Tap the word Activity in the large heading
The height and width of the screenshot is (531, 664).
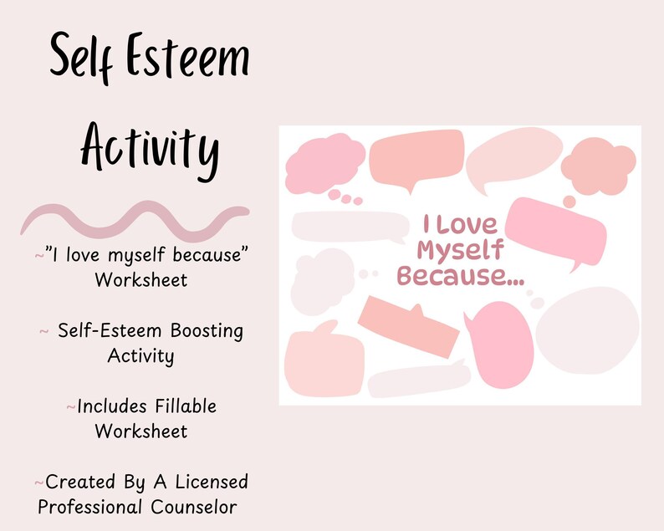pyautogui.click(x=150, y=151)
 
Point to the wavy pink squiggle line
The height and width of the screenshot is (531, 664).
pyautogui.click(x=134, y=218)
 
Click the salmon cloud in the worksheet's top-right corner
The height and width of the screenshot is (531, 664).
pyautogui.click(x=598, y=166)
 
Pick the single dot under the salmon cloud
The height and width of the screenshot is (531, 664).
pyautogui.click(x=570, y=202)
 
